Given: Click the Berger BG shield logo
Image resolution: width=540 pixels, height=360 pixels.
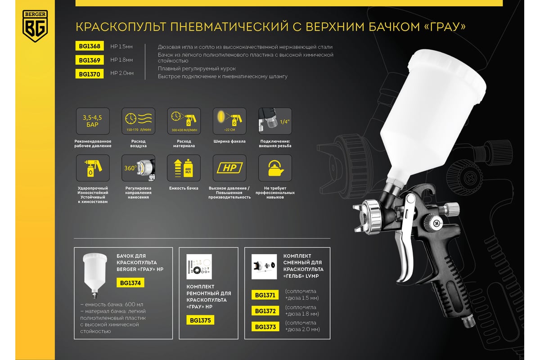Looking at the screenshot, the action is tap(35, 26).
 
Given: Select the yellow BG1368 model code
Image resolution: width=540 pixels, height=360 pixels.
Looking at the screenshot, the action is tap(90, 46).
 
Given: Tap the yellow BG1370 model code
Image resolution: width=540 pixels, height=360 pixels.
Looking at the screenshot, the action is tap(90, 74).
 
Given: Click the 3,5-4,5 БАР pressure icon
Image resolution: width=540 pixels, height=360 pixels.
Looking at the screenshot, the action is tap(93, 121).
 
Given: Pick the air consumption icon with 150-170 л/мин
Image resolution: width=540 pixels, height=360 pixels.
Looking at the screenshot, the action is tap(139, 121).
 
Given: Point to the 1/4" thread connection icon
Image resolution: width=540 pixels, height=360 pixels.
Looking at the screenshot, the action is tap(275, 121).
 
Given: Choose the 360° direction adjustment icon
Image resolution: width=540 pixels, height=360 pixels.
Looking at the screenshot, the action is tap(139, 168).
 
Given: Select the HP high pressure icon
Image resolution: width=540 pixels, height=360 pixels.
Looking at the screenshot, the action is tap(229, 168).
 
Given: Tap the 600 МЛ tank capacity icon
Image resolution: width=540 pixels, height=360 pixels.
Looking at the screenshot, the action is tap(184, 168).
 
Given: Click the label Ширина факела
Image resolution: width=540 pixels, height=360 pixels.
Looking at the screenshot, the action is tap(229, 141).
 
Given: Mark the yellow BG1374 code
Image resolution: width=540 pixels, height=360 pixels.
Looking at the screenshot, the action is tap(130, 283).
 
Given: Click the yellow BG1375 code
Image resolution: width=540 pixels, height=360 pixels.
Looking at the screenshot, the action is tap(200, 320).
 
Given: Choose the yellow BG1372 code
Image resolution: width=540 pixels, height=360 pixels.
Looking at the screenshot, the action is tap(265, 311).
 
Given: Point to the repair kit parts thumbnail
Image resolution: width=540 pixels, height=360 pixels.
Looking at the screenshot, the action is tap(199, 266).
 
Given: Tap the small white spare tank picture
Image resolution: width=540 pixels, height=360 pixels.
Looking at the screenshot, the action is tap(95, 275).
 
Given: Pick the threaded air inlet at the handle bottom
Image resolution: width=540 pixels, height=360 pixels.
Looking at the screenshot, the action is tap(468, 322).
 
